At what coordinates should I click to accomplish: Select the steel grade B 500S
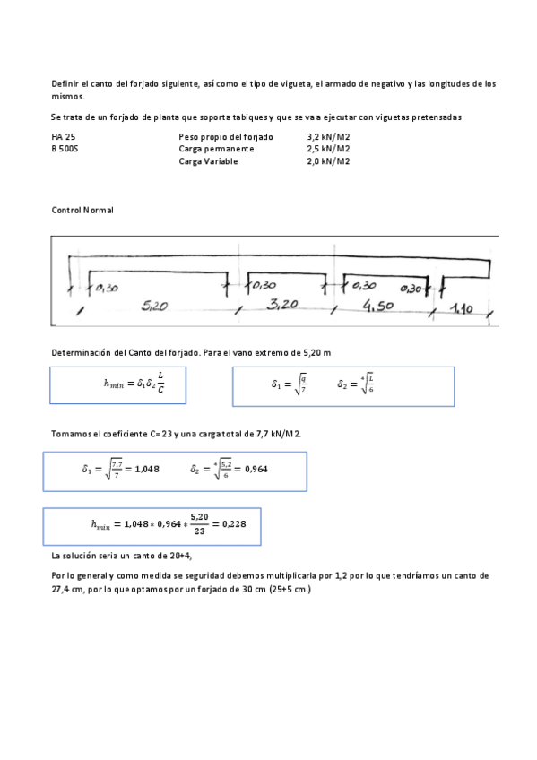[65, 149]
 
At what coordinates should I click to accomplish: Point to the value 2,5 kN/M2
[328, 149]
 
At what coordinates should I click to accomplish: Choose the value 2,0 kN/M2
[328, 161]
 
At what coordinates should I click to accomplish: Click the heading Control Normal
[83, 210]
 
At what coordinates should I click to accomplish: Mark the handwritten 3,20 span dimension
[284, 305]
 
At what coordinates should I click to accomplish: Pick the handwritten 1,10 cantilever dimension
[462, 308]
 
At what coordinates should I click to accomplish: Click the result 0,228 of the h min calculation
[233, 524]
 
